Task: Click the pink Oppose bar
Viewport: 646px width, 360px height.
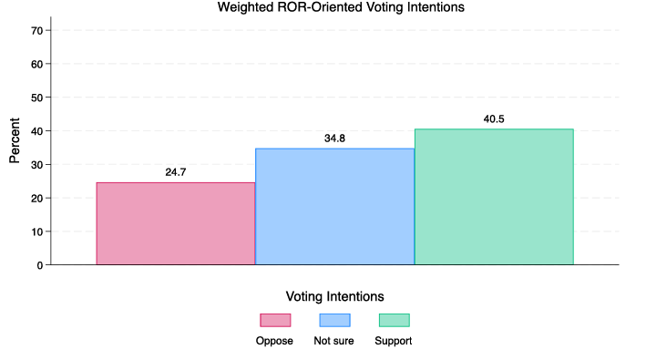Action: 176,223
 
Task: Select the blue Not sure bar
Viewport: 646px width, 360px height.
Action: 334,206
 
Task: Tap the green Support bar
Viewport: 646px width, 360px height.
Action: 494,196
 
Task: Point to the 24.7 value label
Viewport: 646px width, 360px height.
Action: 176,172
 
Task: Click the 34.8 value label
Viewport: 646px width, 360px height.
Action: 334,139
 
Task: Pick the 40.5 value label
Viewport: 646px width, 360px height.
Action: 494,119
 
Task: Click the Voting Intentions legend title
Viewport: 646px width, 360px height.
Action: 334,296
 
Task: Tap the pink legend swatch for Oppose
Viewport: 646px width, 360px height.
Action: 275,320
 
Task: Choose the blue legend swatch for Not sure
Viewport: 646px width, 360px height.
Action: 334,320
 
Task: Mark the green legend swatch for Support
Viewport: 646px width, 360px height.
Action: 394,320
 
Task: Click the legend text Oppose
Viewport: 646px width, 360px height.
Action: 274,341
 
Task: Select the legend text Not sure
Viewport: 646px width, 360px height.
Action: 333,341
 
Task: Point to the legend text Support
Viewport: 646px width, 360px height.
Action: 394,341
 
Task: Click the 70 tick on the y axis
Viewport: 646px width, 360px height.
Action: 37,30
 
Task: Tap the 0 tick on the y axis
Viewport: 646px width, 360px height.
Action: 40,265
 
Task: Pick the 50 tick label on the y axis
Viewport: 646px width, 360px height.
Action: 37,98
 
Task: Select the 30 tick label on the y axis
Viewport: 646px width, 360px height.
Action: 37,165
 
